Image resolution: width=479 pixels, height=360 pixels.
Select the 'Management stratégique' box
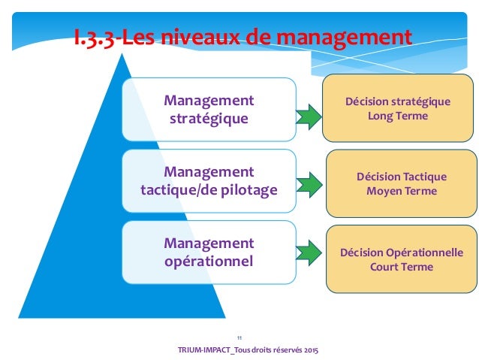[209, 109]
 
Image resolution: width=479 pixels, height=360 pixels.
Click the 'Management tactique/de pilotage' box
[209, 180]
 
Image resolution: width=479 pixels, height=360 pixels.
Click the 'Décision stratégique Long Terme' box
[397, 109]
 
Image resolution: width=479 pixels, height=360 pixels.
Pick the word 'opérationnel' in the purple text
[209, 262]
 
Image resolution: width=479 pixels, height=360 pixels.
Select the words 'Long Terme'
[397, 116]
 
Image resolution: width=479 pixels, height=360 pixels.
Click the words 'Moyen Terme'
[401, 192]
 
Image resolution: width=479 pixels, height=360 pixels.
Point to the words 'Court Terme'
[401, 268]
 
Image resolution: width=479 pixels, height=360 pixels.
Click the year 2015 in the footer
[308, 351]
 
